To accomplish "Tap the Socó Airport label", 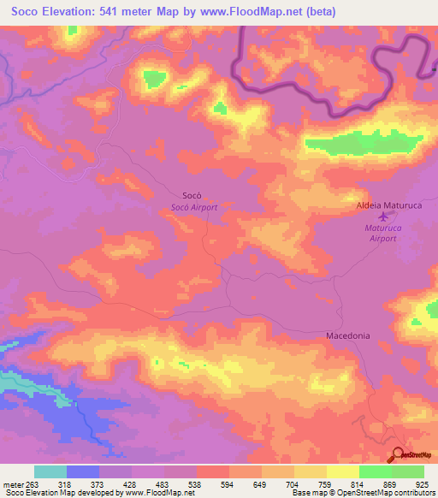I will (194, 207).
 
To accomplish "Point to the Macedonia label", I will (348, 335).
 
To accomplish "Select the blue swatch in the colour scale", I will (83, 471).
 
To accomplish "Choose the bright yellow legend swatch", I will (343, 471).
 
